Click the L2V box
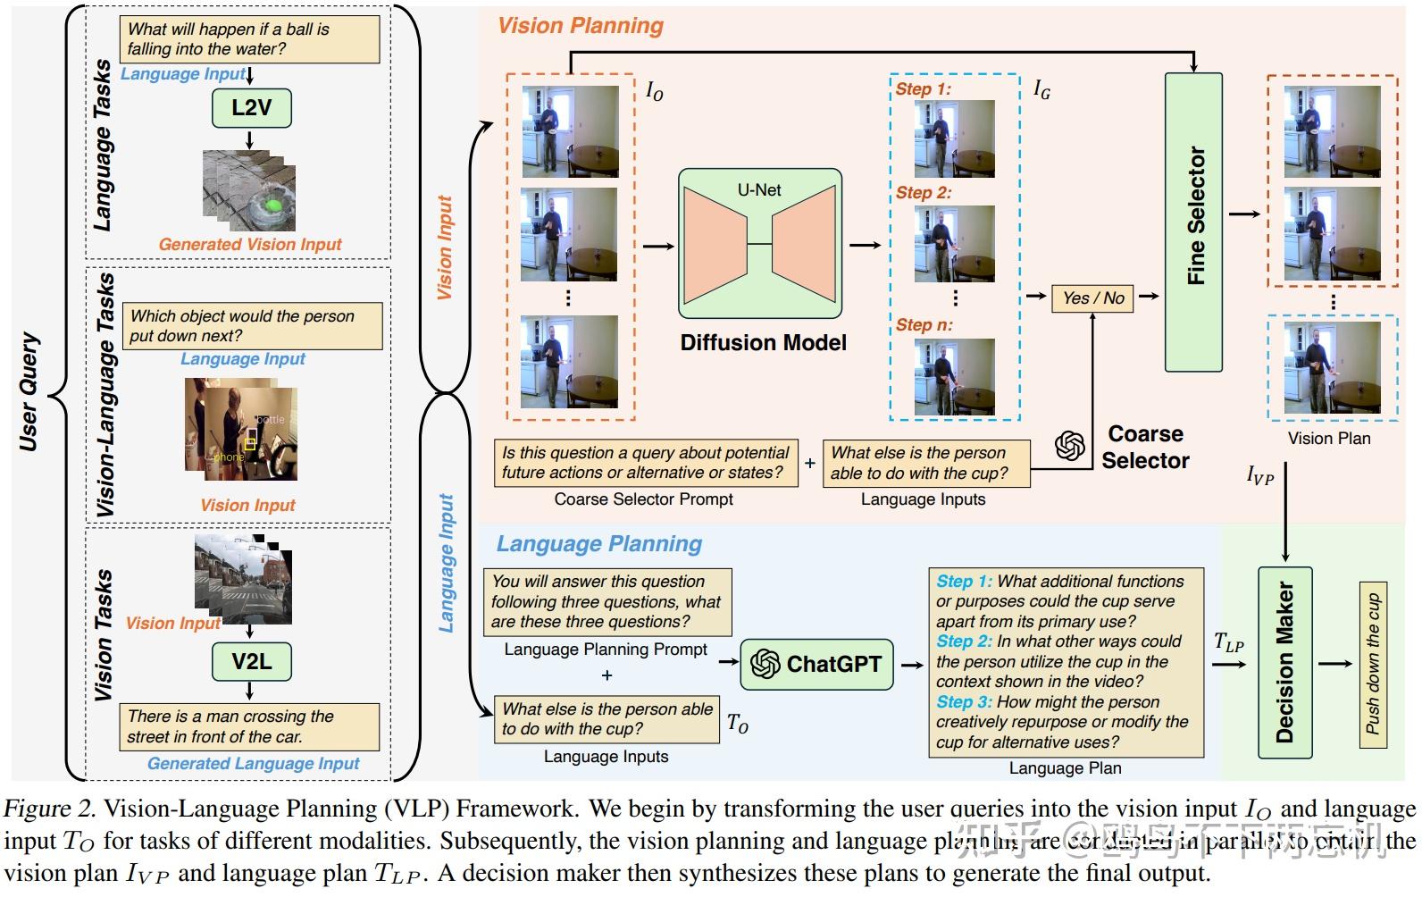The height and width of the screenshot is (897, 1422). tap(251, 108)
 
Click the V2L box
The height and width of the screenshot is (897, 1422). tap(251, 662)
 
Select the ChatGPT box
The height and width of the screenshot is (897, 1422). tap(816, 664)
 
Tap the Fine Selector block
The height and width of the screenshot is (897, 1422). tap(1193, 222)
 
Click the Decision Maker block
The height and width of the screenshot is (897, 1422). tap(1284, 662)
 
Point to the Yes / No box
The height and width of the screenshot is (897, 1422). tap(1092, 298)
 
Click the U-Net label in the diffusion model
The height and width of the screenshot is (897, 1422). tap(759, 190)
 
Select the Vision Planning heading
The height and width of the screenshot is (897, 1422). tap(581, 26)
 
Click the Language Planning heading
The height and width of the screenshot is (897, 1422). tap(598, 544)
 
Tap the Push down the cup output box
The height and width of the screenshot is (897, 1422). tap(1373, 664)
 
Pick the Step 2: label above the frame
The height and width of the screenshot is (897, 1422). tap(924, 193)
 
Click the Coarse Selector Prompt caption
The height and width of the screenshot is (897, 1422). tap(643, 499)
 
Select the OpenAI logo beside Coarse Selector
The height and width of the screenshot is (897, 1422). tap(1069, 445)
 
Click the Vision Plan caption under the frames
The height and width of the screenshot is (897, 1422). tap(1328, 439)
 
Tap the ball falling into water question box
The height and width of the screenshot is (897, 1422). tap(249, 39)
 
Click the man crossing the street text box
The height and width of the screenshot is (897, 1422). tap(249, 726)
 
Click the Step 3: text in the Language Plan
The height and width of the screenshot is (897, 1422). tap(964, 702)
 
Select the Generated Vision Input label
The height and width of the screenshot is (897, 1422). tap(250, 245)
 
